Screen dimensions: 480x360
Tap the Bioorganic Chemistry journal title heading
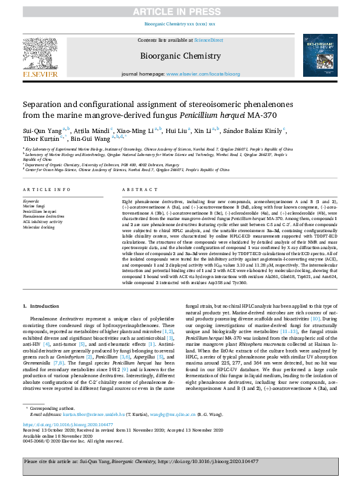(180, 55)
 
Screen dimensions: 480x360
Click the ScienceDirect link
(208, 40)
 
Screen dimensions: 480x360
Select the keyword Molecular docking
(40, 227)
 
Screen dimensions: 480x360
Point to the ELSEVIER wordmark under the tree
(41, 74)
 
